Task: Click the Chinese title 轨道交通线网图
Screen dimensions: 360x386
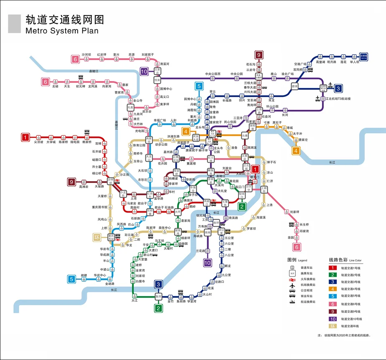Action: [65, 20]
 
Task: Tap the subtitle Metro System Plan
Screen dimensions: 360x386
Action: [62, 31]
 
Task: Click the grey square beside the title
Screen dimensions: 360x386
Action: [14, 23]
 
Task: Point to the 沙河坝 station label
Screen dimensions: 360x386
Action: [86, 54]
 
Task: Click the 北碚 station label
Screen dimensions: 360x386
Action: [55, 86]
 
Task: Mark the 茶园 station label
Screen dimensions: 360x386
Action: [291, 237]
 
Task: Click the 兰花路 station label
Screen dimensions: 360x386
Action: [201, 251]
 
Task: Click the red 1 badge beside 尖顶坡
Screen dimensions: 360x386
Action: [26, 137]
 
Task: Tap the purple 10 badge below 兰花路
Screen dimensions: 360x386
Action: [207, 263]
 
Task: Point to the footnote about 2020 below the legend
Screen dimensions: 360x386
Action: [344, 335]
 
